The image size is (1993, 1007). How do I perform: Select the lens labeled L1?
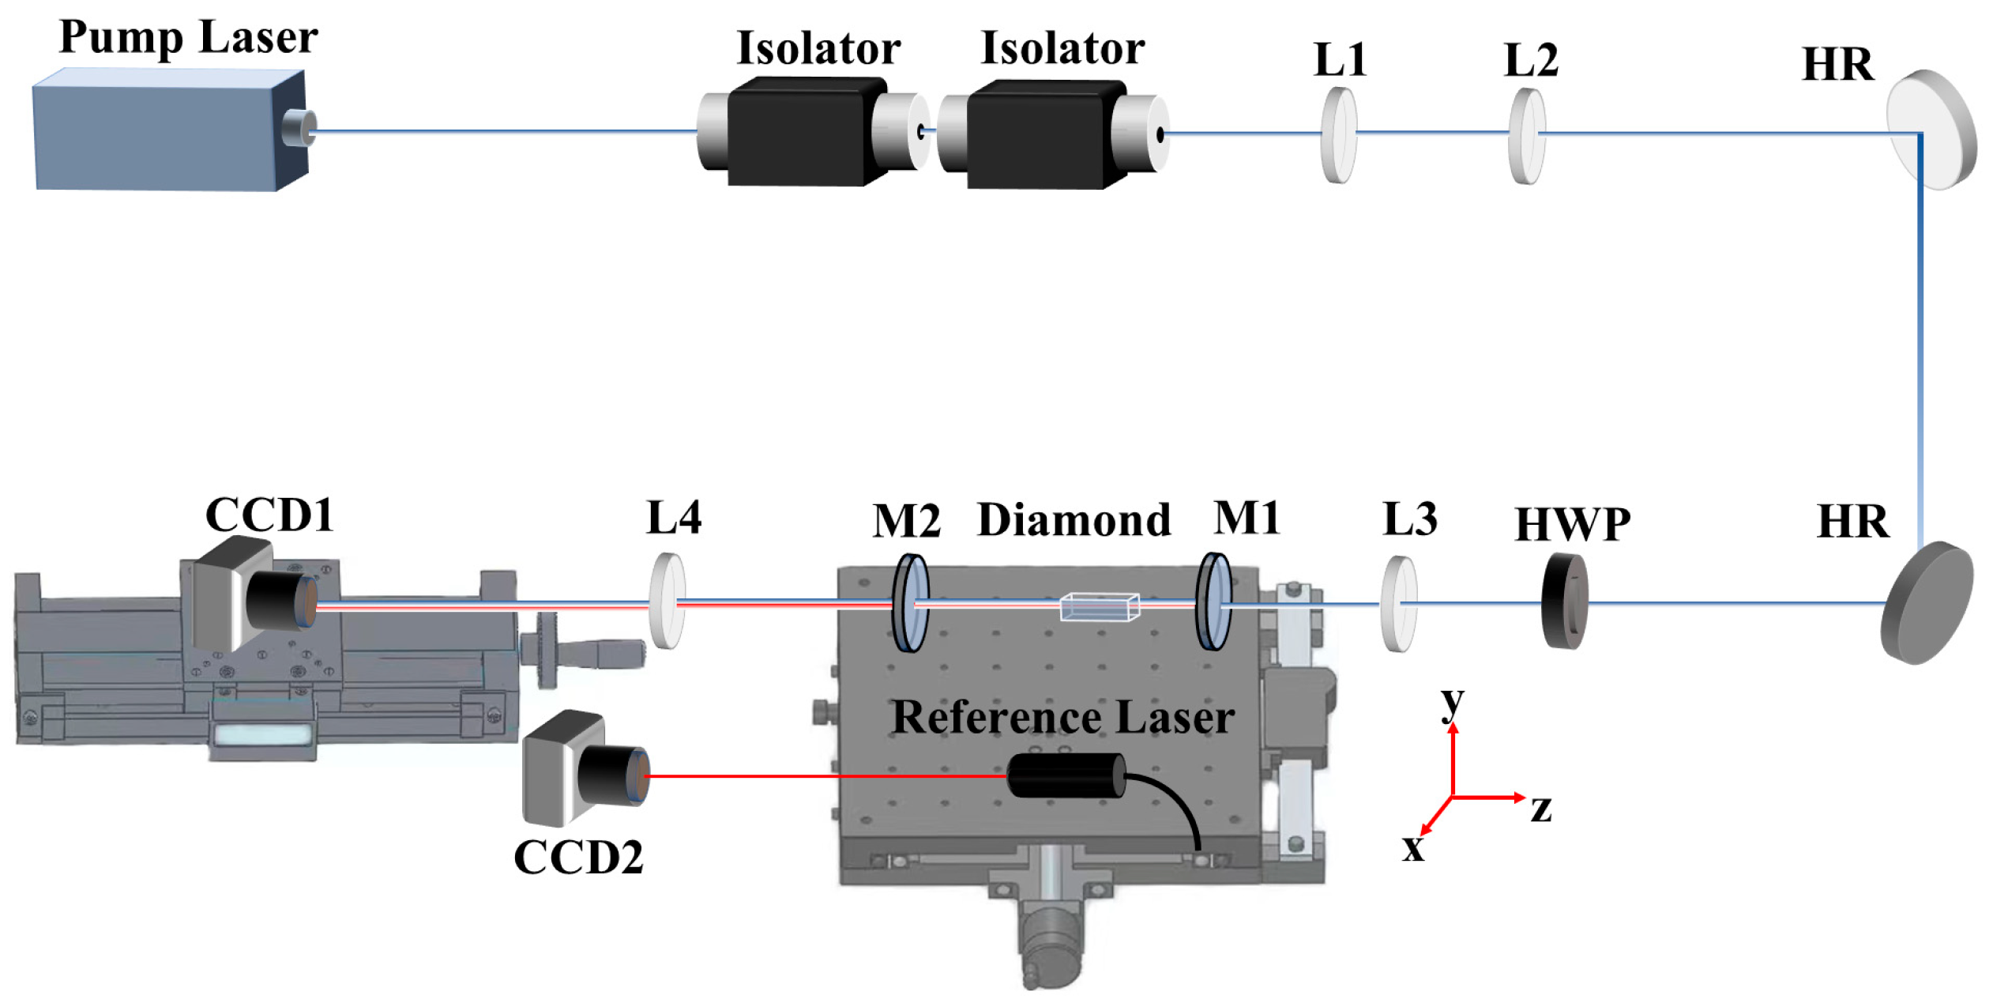tap(1338, 135)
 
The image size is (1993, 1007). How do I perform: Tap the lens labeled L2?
tap(1526, 136)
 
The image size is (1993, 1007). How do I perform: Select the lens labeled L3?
tap(1398, 604)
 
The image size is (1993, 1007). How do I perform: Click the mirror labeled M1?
tap(1213, 602)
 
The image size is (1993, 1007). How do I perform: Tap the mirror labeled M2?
tap(910, 602)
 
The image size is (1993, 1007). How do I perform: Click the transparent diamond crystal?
tap(1099, 606)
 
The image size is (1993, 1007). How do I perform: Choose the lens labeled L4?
tap(667, 601)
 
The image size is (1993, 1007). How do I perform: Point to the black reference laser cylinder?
tap(1066, 775)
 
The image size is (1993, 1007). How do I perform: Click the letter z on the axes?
tap(1541, 809)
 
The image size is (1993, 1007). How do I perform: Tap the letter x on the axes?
tap(1413, 849)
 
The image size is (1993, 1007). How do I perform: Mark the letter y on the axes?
tap(1452, 702)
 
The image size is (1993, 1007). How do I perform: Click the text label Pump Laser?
tap(188, 38)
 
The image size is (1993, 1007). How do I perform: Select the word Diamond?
tap(1074, 520)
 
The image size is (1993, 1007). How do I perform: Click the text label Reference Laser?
tap(1062, 718)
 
